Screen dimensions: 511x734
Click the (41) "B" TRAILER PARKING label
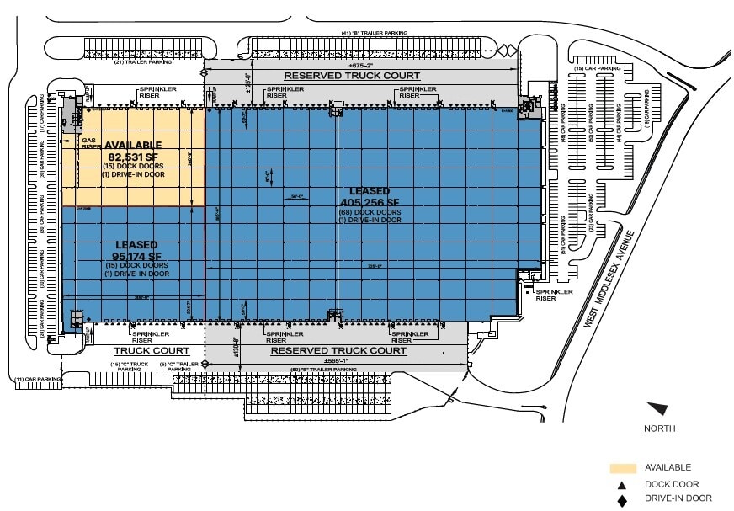[374, 33]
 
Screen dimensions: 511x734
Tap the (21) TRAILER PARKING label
[143, 61]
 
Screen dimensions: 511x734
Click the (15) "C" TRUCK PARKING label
[129, 366]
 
